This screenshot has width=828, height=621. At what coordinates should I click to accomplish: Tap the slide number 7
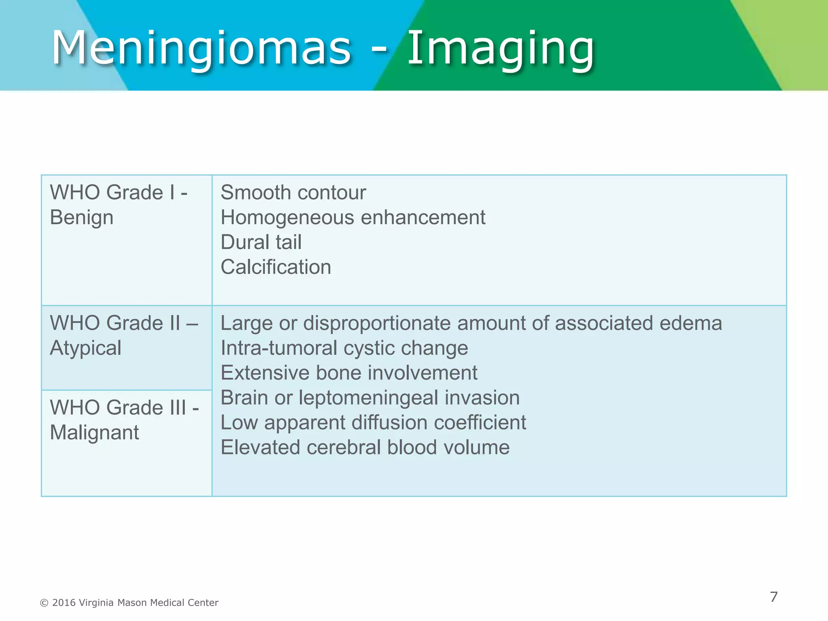pos(773,597)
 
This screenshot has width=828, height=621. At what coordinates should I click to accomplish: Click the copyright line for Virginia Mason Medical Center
pos(129,603)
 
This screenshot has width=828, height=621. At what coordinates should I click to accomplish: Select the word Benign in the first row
pos(81,218)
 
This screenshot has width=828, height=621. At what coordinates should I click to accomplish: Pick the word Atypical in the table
pos(85,348)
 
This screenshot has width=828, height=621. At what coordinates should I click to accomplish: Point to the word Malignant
pos(94,433)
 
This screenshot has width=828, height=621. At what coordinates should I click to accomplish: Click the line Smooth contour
pos(293,192)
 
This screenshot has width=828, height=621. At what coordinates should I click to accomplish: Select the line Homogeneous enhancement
pos(353,218)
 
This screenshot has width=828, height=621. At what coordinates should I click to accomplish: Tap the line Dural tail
pos(261,242)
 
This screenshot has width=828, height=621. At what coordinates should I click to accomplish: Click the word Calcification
pos(276,267)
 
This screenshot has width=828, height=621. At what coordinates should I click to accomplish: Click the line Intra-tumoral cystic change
pos(344,348)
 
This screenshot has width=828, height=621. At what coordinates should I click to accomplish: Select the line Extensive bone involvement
pos(349,373)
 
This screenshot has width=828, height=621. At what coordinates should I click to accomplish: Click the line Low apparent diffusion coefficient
pos(373,422)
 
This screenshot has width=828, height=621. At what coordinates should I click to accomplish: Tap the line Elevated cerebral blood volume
pos(365,448)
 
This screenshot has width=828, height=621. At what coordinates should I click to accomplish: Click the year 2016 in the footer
pos(64,603)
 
